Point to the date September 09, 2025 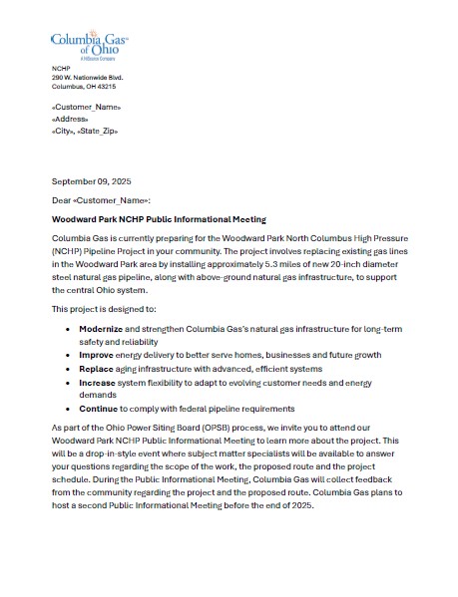pyautogui.click(x=91, y=181)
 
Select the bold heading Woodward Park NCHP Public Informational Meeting pyautogui.click(x=159, y=219)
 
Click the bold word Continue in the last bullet pyautogui.click(x=99, y=408)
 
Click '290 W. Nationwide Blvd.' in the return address pyautogui.click(x=87, y=77)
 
